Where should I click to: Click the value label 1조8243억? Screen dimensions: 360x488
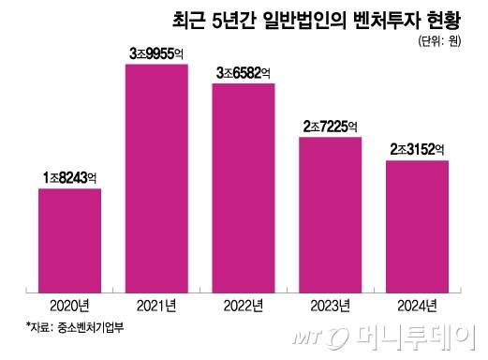coord(70,175)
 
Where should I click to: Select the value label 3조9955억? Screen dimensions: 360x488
coord(156,52)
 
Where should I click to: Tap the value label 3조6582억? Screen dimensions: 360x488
coord(244,71)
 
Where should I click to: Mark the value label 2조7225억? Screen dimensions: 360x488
coord(330,125)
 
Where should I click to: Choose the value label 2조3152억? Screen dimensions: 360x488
coord(417,148)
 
